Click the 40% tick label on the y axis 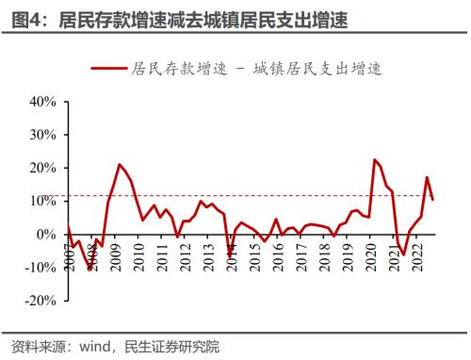pyautogui.click(x=44, y=101)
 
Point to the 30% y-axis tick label pyautogui.click(x=44, y=134)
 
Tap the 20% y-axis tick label pyautogui.click(x=44, y=168)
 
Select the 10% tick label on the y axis pyautogui.click(x=44, y=201)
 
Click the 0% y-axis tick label pyautogui.click(x=48, y=235)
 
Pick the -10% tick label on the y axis pyautogui.click(x=42, y=268)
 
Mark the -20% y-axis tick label pyautogui.click(x=42, y=302)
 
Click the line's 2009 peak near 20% pyautogui.click(x=119, y=164)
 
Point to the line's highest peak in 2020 pyautogui.click(x=375, y=159)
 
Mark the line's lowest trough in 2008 pyautogui.click(x=90, y=270)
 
